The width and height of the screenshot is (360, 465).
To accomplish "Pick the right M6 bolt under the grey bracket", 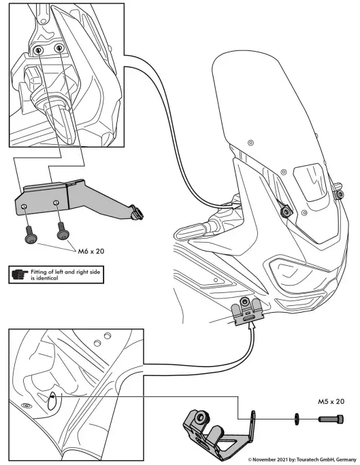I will (63, 231).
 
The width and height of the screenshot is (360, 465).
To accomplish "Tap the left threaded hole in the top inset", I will (40, 51).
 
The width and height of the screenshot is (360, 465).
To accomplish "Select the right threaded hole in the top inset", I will (59, 48).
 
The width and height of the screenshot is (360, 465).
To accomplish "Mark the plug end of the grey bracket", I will (137, 213).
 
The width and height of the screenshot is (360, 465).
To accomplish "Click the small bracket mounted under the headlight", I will (248, 313).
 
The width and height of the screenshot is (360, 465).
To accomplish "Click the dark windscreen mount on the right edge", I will (339, 195).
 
